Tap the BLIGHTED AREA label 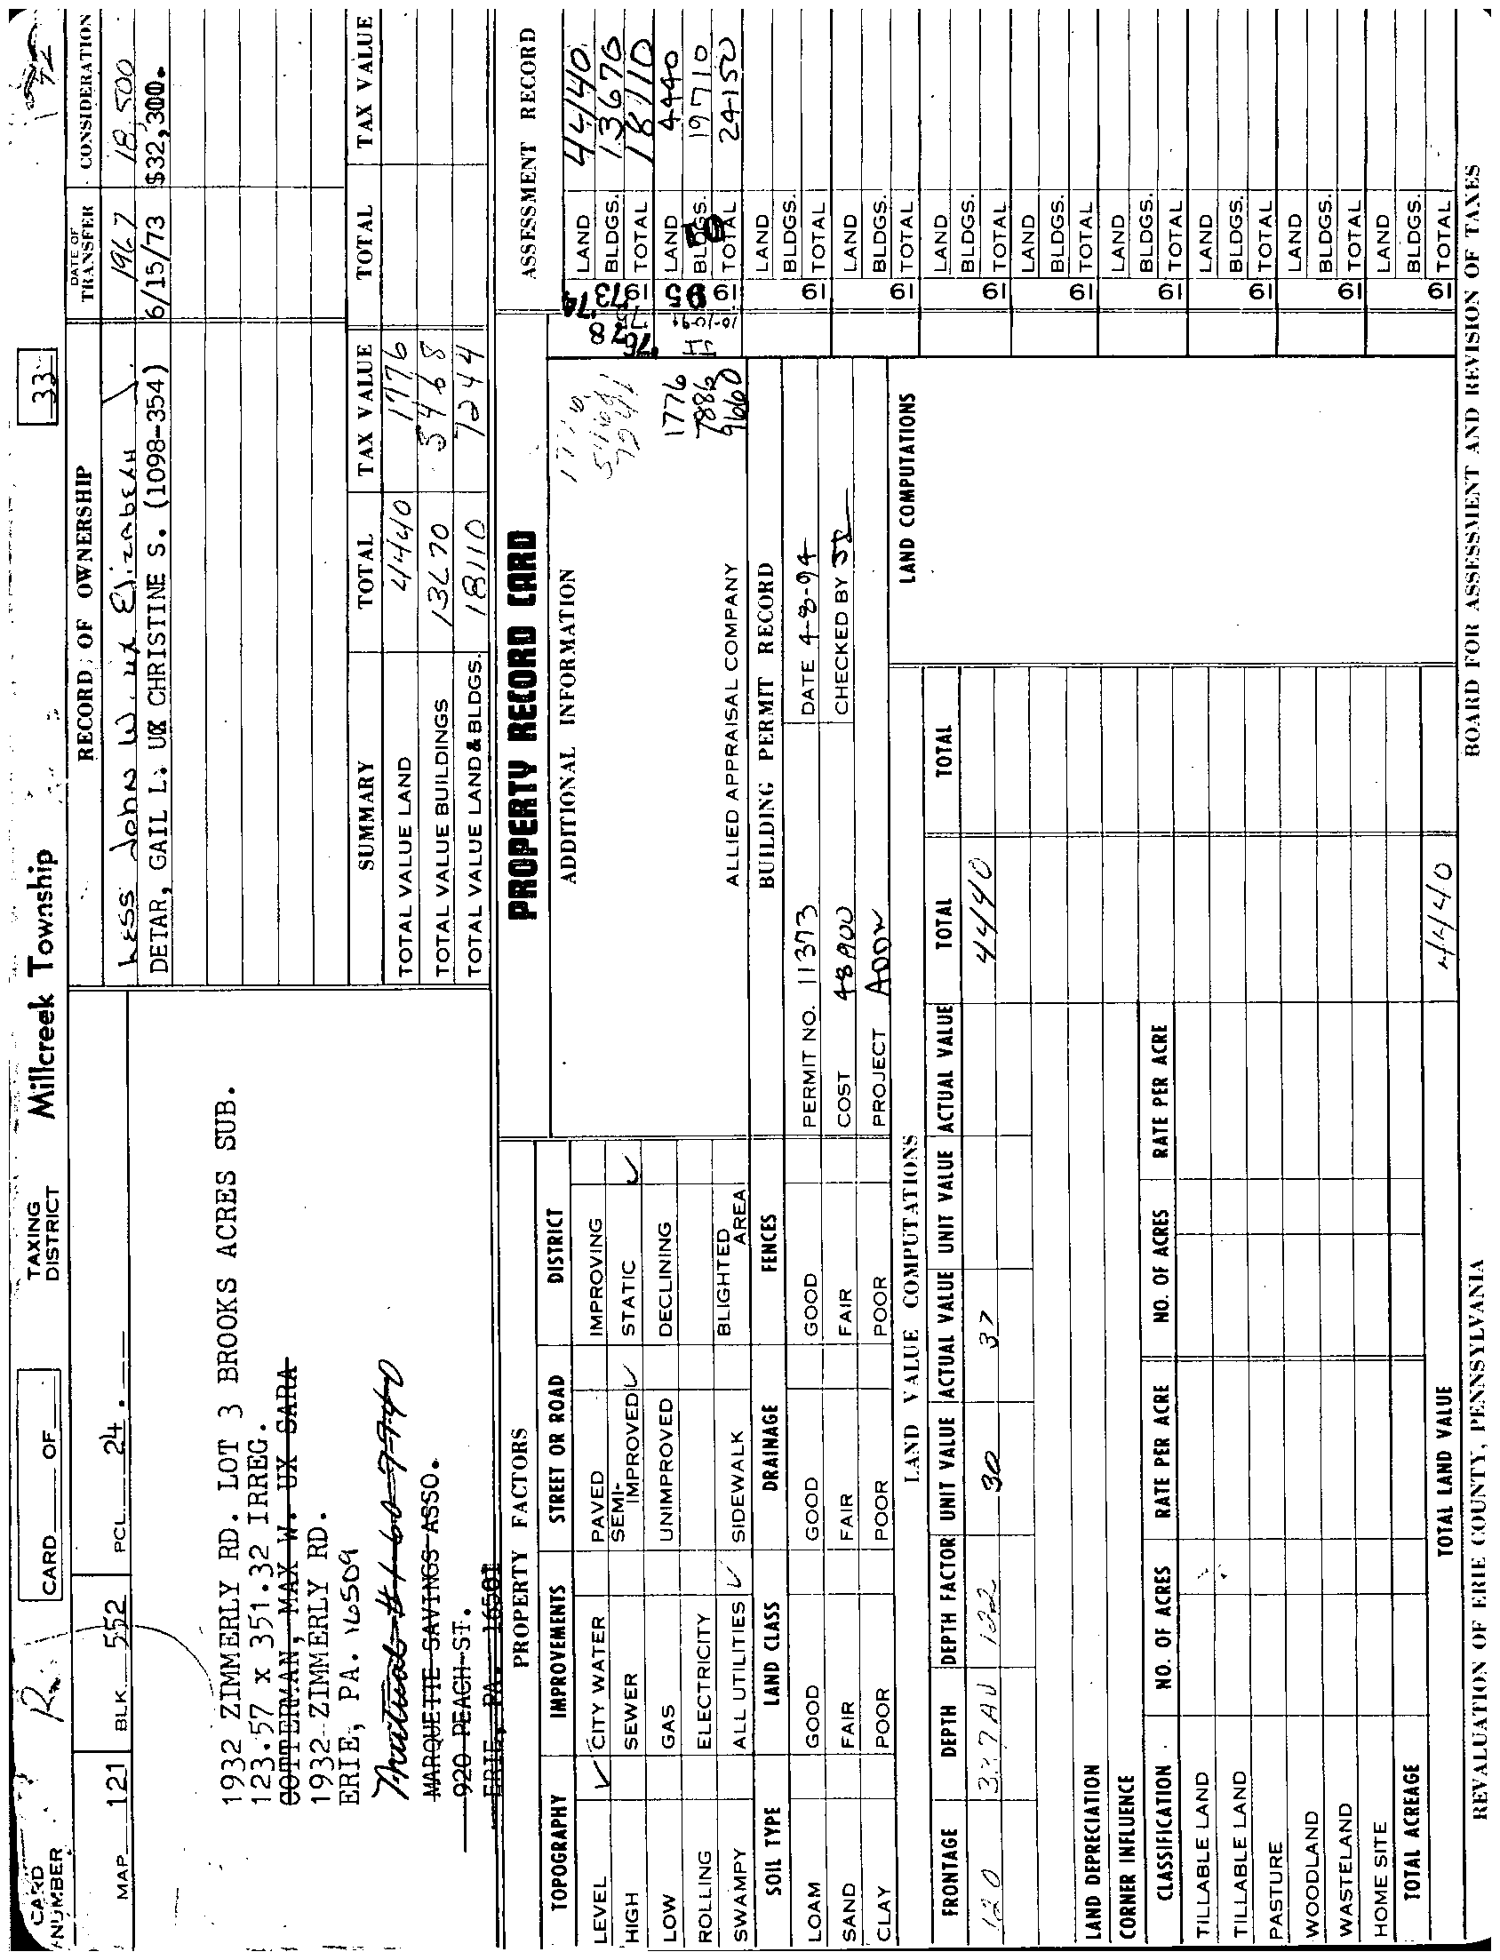pos(731,1249)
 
